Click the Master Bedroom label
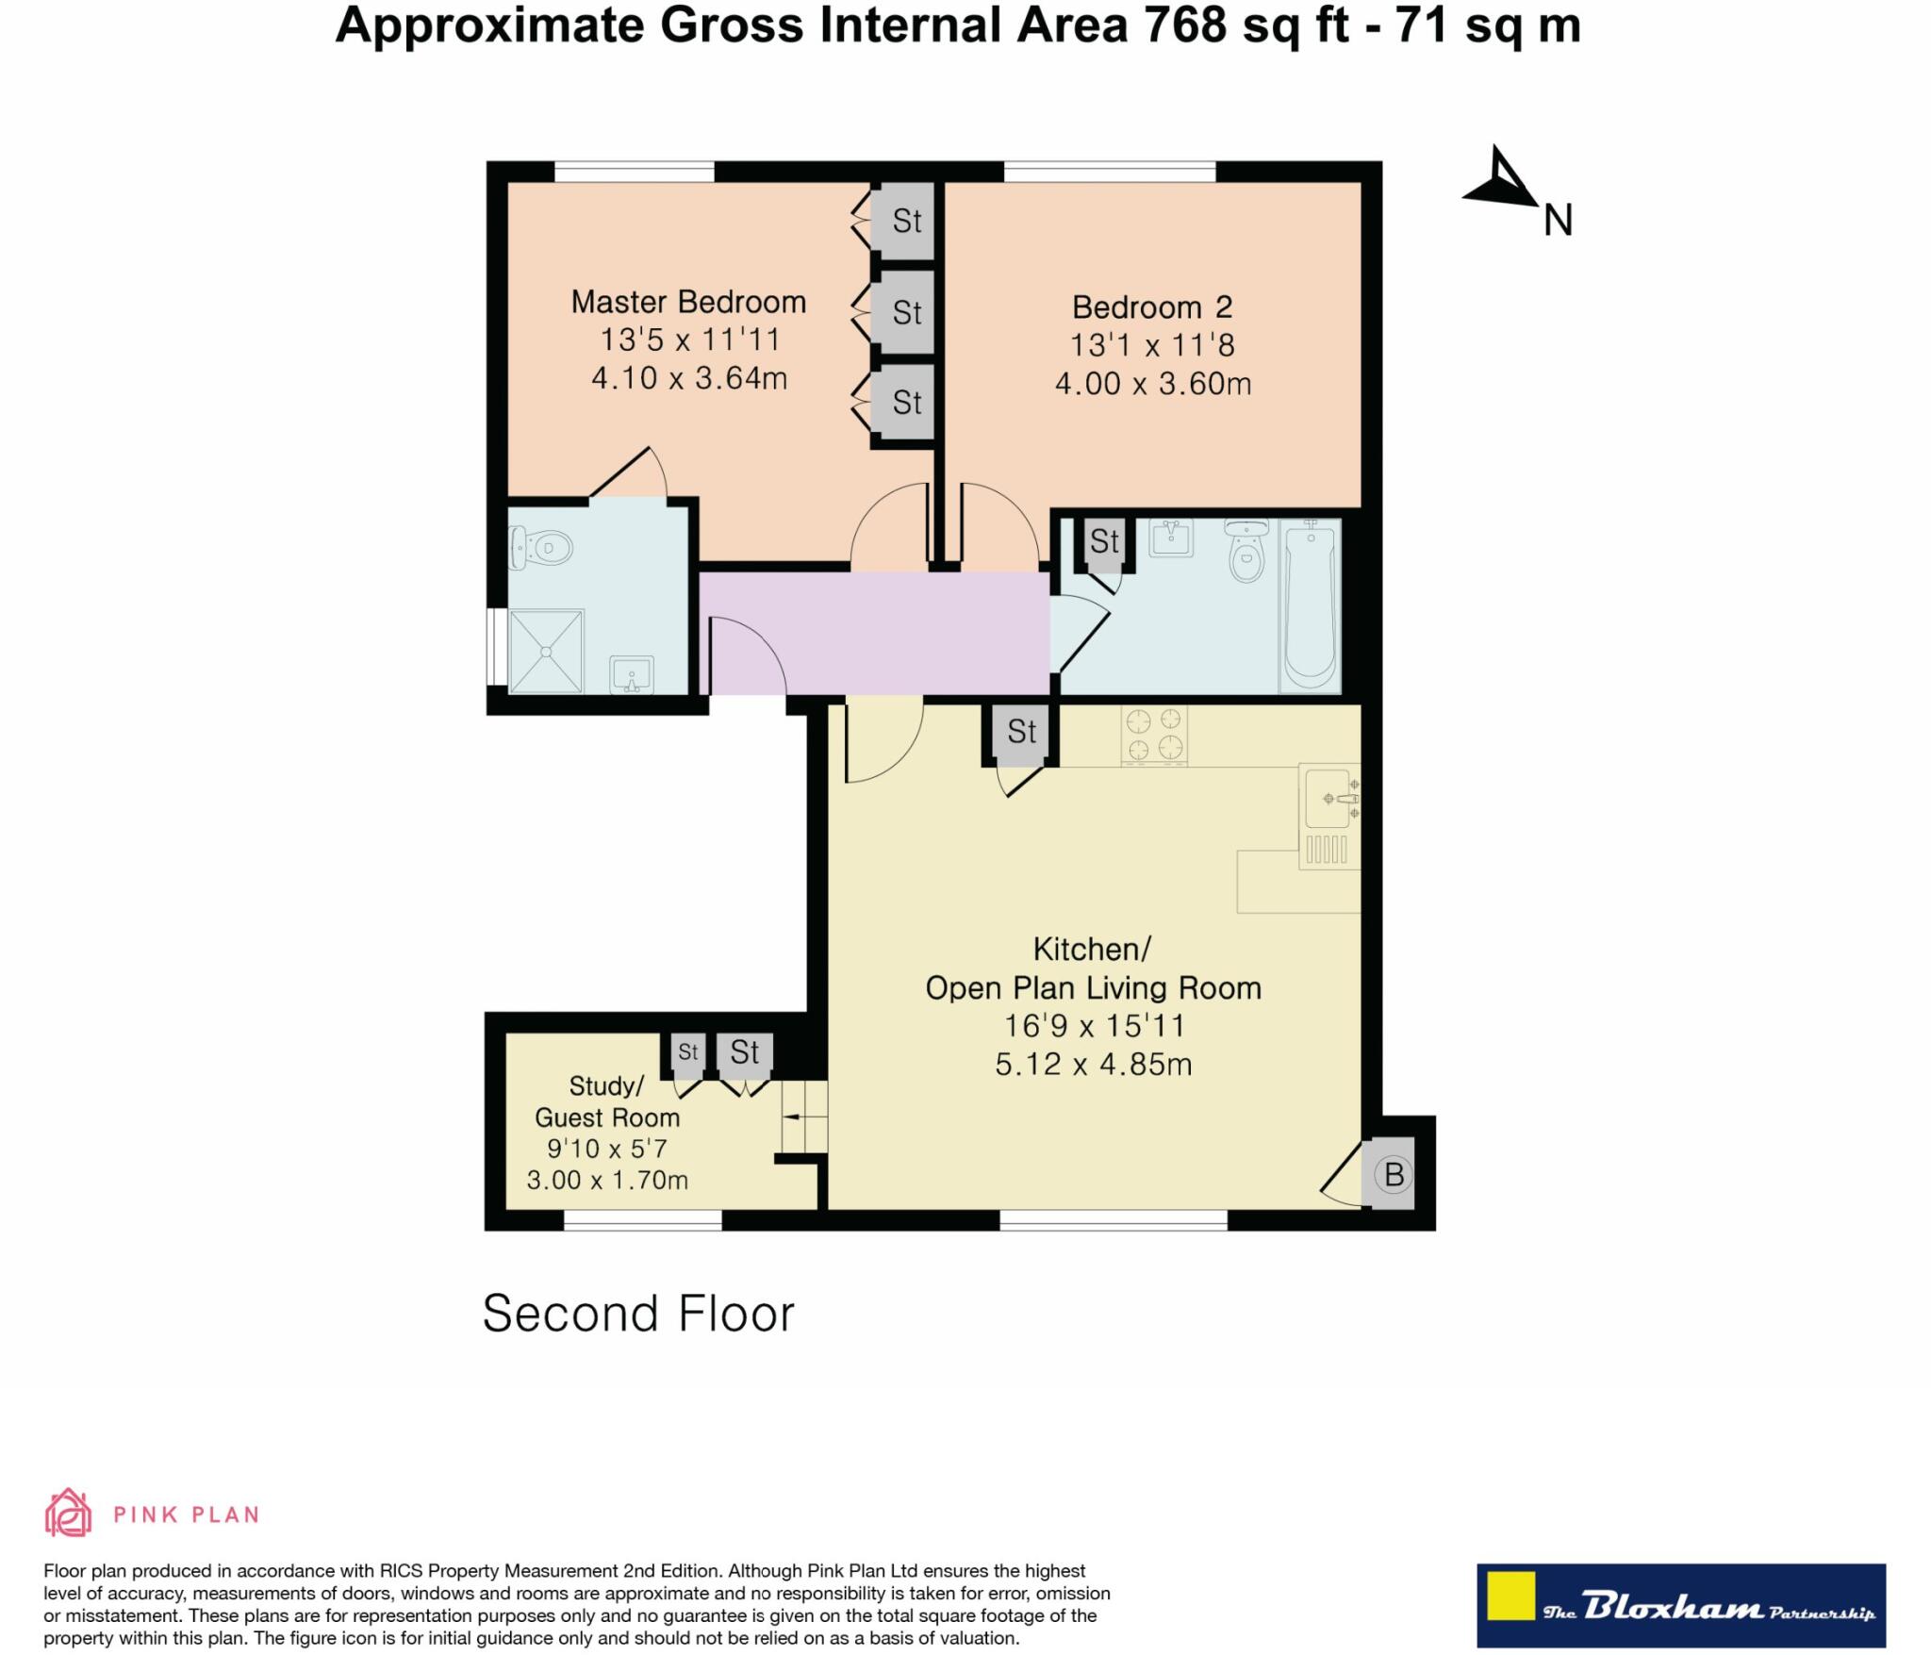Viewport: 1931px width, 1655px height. tap(688, 302)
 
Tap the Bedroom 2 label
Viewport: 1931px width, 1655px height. tap(1151, 307)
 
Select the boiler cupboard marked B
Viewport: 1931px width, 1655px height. tap(1393, 1175)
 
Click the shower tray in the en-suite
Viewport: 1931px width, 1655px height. tap(546, 651)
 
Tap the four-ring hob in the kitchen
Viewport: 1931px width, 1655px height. tap(1154, 735)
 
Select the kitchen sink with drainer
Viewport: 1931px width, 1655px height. tap(1329, 815)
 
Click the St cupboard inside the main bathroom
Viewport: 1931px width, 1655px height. tap(1104, 542)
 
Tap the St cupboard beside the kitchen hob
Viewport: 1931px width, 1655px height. tap(1021, 732)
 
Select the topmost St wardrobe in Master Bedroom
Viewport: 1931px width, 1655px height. tap(905, 221)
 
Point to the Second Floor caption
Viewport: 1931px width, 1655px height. tap(638, 1314)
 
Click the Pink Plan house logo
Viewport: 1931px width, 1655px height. tap(68, 1514)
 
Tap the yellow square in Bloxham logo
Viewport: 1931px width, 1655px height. tap(1510, 1596)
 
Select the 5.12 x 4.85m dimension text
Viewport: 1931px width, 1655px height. tap(1093, 1065)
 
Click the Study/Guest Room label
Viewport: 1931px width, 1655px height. tap(606, 1101)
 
